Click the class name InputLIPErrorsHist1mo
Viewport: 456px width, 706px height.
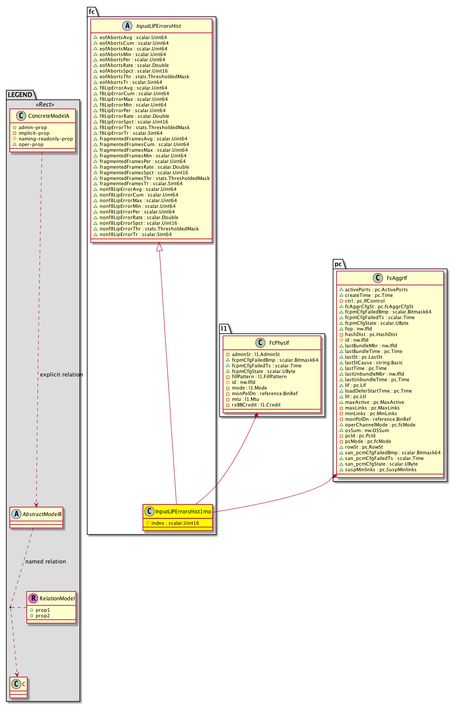pos(183,512)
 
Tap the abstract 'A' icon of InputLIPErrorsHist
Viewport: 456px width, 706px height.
pos(127,26)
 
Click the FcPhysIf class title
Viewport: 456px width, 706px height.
pos(279,343)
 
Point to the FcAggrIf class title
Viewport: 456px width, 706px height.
pos(396,278)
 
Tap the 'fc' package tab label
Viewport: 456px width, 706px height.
pos(92,12)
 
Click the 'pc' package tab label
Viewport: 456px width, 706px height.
pos(338,264)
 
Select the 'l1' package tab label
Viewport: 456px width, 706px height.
pos(224,328)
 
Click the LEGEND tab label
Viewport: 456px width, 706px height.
pos(20,95)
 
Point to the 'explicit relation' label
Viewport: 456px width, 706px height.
pos(61,375)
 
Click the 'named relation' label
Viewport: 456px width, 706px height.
pos(46,562)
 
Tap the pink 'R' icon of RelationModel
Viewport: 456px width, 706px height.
pos(33,599)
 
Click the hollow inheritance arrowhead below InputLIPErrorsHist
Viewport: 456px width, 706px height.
pos(160,247)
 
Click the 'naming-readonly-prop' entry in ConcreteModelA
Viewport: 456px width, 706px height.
pos(46,139)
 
